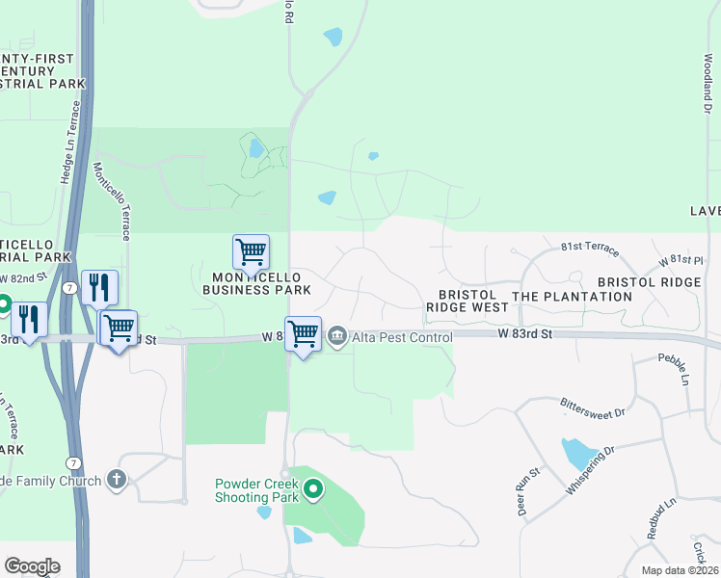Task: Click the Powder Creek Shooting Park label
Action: tap(257, 490)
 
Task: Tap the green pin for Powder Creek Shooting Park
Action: tap(312, 491)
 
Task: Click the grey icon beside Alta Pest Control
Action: tap(337, 336)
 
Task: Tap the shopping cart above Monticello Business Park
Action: tap(251, 252)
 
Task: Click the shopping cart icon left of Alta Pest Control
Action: tap(303, 334)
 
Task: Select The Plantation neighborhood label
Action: tap(572, 296)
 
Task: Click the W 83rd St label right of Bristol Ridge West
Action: tap(524, 332)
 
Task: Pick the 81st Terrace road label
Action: tap(590, 250)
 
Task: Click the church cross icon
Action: tap(117, 479)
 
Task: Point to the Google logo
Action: tap(32, 565)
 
